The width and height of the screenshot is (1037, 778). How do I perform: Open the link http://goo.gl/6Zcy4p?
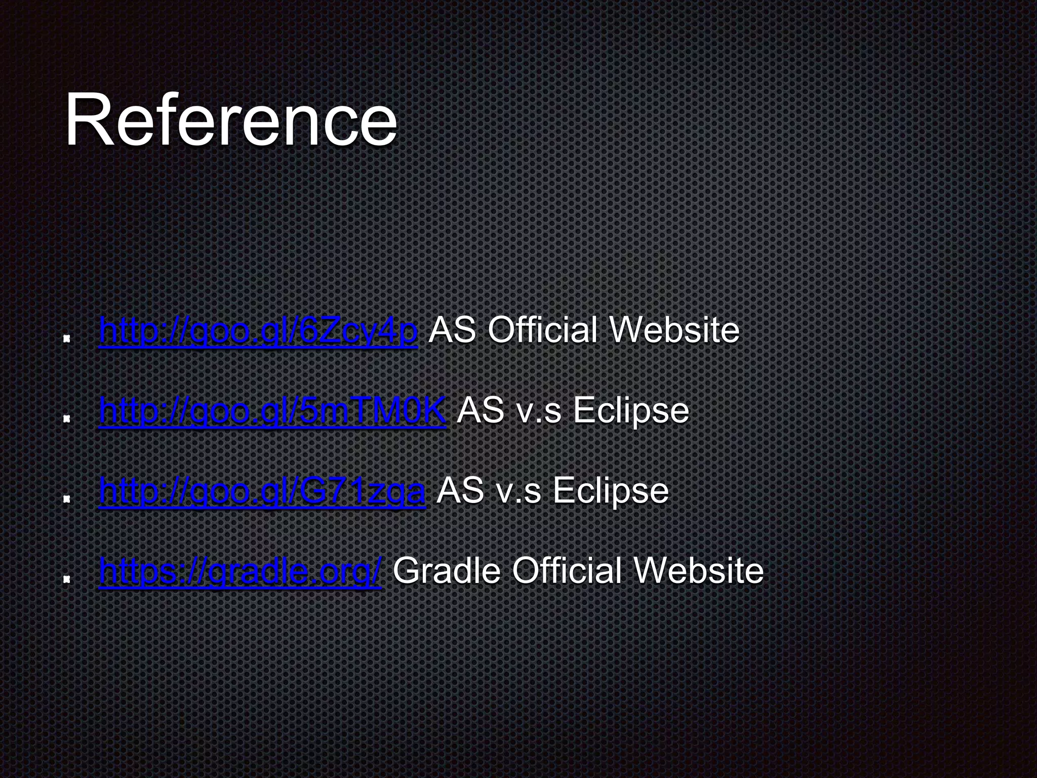point(258,330)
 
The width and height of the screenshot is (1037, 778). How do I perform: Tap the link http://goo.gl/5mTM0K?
point(272,410)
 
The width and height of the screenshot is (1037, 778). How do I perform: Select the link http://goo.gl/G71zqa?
point(262,490)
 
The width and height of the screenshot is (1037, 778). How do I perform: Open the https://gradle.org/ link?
point(240,570)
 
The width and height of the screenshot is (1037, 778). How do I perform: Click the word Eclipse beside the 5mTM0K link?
point(631,410)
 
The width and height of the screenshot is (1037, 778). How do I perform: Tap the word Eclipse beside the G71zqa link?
point(611,490)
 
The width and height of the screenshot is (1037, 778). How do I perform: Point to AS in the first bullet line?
point(452,330)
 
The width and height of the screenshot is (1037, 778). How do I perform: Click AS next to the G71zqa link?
point(460,490)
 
